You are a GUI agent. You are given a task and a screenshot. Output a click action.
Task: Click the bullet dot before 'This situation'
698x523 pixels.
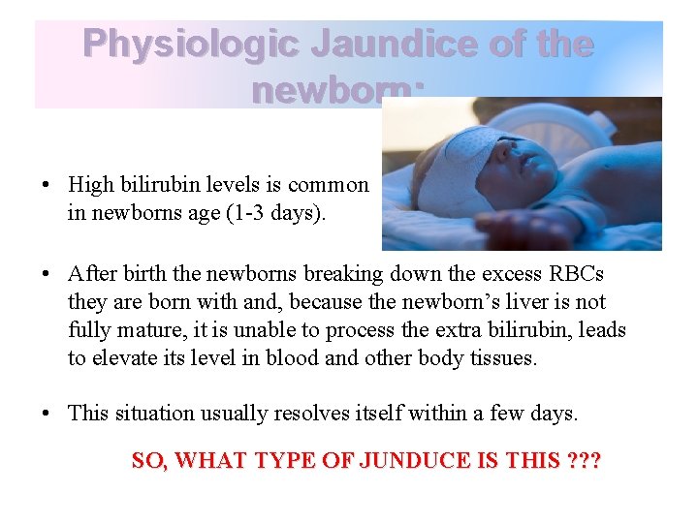(x=46, y=414)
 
